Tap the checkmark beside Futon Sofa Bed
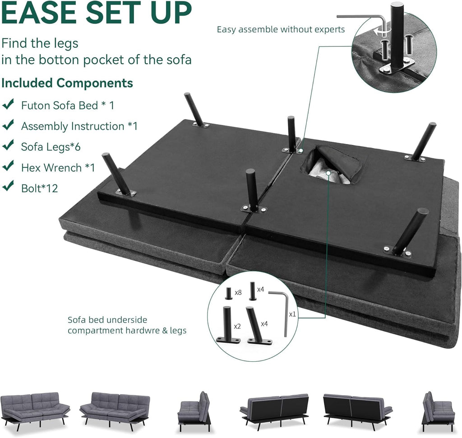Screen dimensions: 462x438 click(x=8, y=104)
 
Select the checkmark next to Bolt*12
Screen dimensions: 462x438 click(x=8, y=186)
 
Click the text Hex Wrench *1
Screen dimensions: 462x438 click(x=58, y=168)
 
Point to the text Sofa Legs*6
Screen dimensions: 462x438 click(x=51, y=147)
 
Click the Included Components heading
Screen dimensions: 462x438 click(x=67, y=83)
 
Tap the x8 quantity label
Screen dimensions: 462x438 click(x=238, y=292)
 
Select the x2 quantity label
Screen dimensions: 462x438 click(x=237, y=327)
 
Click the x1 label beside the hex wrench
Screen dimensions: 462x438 click(x=292, y=314)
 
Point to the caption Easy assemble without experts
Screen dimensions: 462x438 click(x=281, y=29)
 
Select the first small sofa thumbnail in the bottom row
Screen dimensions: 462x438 click(x=35, y=411)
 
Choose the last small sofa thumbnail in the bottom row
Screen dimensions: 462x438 click(x=437, y=411)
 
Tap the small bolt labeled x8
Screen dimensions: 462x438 click(x=229, y=293)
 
